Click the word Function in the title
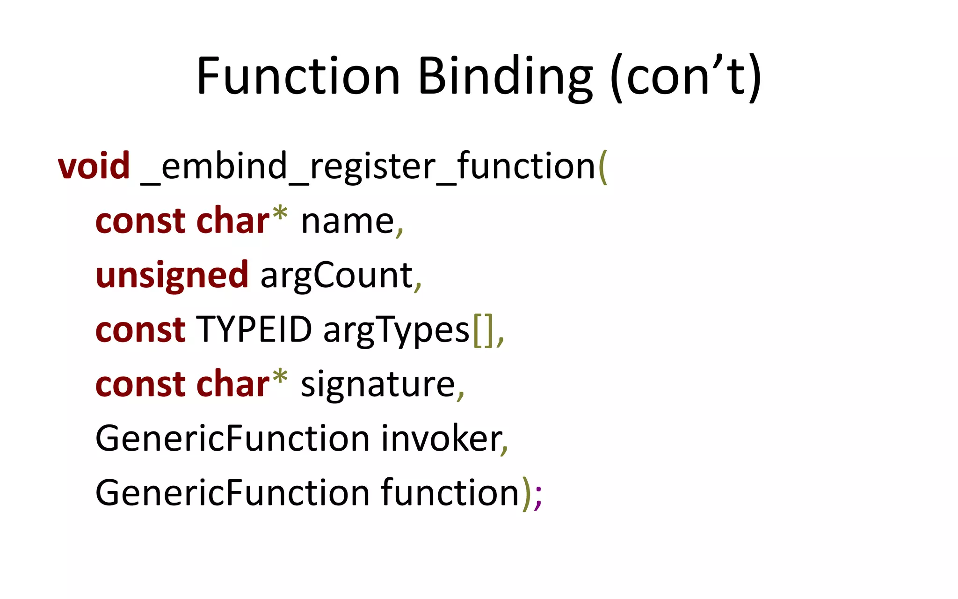pyautogui.click(x=298, y=76)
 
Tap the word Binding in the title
pyautogui.click(x=505, y=77)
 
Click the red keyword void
pyautogui.click(x=94, y=166)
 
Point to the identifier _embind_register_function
pyautogui.click(x=368, y=167)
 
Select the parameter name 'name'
pyautogui.click(x=348, y=221)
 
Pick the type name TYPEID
pyautogui.click(x=254, y=329)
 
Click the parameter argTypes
pyautogui.click(x=396, y=330)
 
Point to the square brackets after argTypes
pyautogui.click(x=483, y=330)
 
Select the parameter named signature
pyautogui.click(x=377, y=385)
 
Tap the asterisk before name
pyautogui.click(x=280, y=214)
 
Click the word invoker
pyautogui.click(x=441, y=438)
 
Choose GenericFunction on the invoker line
pyautogui.click(x=232, y=438)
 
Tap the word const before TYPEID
pyautogui.click(x=140, y=329)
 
